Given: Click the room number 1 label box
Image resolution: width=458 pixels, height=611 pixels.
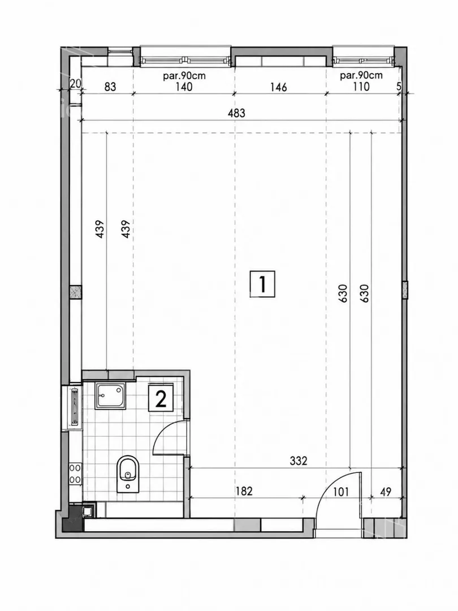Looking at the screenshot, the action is [262, 284].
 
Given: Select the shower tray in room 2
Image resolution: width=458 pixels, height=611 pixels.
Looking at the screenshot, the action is [111, 396].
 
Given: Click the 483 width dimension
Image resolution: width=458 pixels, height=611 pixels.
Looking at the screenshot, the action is [236, 113].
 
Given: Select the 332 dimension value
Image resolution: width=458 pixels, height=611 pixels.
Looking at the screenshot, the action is [299, 461].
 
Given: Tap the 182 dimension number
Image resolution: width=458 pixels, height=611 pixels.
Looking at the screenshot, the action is [244, 491].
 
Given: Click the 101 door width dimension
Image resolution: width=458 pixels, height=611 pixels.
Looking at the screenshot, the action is [341, 492].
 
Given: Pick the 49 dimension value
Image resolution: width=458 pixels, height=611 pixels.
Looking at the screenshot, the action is [385, 492].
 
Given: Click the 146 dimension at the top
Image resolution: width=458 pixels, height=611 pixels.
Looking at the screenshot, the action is [278, 87].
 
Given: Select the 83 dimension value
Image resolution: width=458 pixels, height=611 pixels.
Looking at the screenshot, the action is [110, 87].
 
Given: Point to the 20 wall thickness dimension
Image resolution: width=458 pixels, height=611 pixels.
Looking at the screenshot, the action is [75, 83].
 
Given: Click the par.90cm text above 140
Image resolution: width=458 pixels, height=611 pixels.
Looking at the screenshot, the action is [184, 76].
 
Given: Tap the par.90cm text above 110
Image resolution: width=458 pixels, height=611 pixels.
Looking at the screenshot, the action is [361, 75].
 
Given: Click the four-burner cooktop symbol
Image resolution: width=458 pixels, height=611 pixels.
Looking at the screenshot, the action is [75, 474].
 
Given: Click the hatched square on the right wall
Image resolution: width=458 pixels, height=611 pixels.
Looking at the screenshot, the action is [405, 290].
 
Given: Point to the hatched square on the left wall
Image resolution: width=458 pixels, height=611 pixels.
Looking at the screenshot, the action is [76, 292].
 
